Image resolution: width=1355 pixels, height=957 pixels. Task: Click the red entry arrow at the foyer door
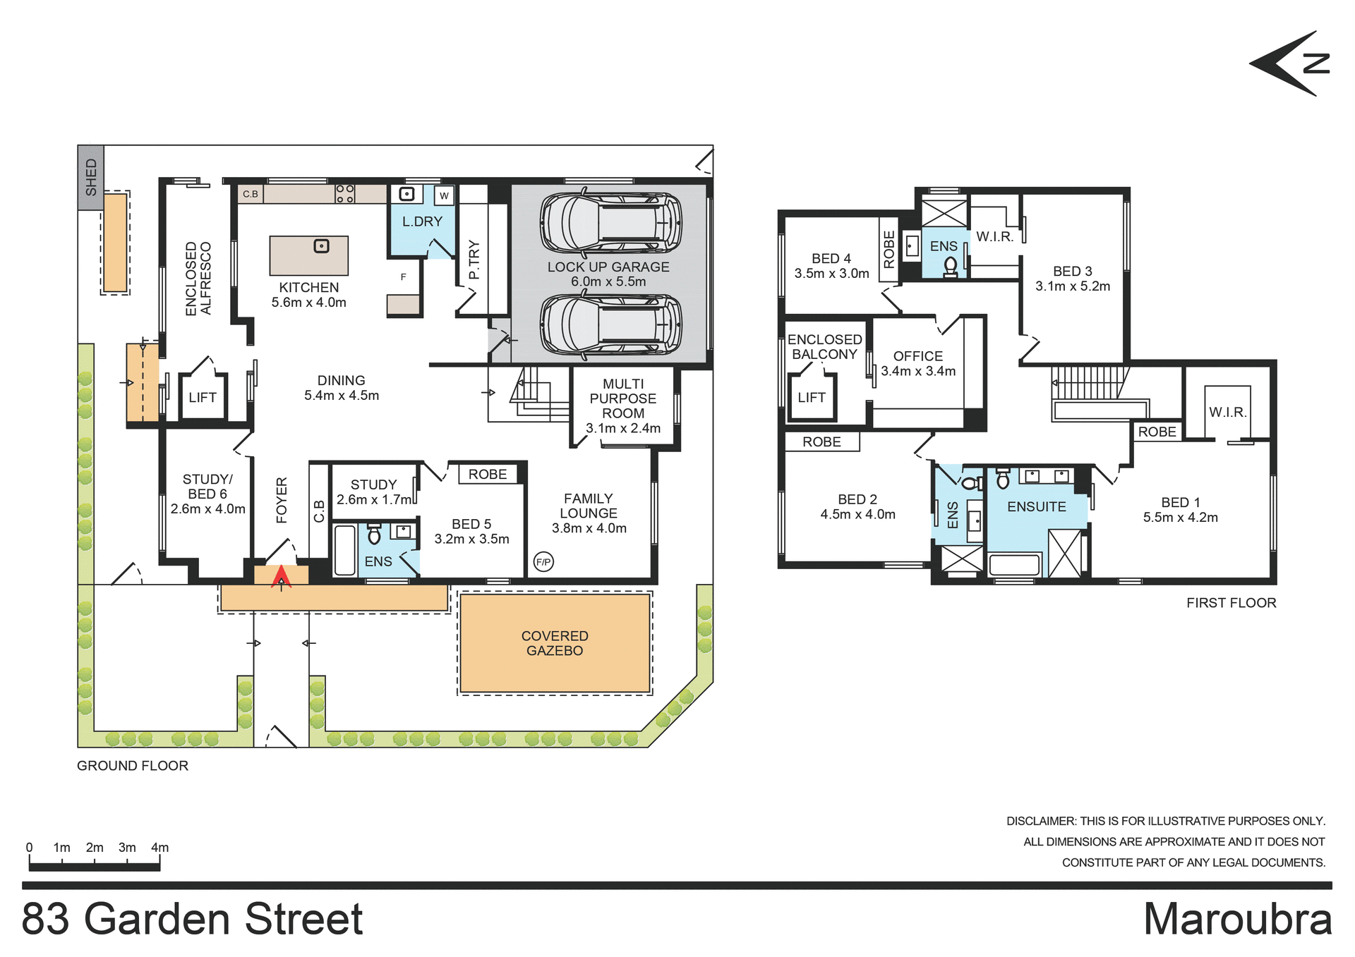[281, 576]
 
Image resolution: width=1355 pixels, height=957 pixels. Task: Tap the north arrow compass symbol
[1291, 63]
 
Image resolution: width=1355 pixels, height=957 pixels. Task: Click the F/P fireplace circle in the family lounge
[543, 562]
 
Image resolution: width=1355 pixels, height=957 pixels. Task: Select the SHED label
[91, 177]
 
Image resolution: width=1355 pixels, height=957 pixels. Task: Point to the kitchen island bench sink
[322, 246]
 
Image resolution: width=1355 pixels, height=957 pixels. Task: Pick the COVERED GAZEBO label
[555, 643]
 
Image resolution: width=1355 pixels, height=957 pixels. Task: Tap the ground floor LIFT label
[203, 398]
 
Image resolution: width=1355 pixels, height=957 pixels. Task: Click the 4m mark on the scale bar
[160, 848]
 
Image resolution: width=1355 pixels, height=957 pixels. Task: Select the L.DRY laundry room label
[422, 221]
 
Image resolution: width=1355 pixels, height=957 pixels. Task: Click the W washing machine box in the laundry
[444, 195]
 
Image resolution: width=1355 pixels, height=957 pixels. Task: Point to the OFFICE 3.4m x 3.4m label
[918, 364]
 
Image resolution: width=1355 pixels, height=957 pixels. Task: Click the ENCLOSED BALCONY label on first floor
[824, 347]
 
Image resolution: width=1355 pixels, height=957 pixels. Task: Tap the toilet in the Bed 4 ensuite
[951, 266]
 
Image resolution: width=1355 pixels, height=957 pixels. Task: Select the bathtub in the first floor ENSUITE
[1015, 564]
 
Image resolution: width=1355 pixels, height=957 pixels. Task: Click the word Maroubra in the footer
[1237, 919]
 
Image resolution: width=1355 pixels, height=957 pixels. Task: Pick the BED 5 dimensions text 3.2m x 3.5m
[471, 540]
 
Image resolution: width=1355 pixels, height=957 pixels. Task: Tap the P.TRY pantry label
[474, 260]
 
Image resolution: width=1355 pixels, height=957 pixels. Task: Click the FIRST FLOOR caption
[1231, 603]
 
